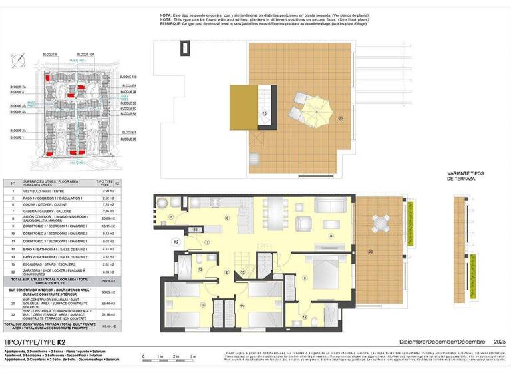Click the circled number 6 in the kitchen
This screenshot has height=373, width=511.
click(226, 218)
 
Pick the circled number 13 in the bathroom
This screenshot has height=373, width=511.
click(200, 270)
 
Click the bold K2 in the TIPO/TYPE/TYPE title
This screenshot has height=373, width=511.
click(61, 341)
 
